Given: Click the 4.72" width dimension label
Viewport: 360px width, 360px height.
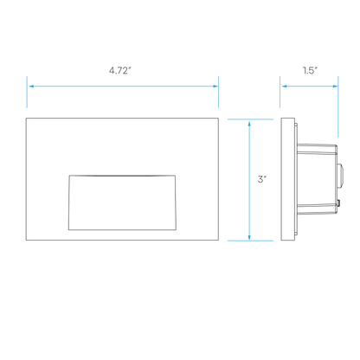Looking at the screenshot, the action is point(120,70).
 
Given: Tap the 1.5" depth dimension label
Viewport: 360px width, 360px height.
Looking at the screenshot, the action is point(310,70).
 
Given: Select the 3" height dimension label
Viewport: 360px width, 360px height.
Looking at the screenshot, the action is point(262,179).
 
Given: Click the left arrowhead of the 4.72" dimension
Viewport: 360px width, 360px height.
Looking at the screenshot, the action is point(31,87).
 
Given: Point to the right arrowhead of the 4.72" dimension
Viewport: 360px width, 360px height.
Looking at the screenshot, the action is point(215,87).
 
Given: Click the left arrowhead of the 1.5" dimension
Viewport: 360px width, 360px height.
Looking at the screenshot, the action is point(285,87).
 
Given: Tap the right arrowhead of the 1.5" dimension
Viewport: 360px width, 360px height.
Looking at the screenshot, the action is point(335,87).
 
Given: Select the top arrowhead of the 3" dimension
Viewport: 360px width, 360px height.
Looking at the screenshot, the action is point(249,124).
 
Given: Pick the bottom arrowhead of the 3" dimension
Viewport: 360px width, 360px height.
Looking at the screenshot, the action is point(249,236).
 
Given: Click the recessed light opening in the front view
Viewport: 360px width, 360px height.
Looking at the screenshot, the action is point(122,202).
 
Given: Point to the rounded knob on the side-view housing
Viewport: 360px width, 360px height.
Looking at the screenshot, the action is point(340,175).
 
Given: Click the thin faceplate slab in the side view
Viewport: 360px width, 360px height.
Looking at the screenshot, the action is point(288,179).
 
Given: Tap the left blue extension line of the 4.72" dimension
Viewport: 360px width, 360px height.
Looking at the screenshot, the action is point(27,92).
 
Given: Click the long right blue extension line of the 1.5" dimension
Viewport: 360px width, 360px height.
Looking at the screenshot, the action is point(338,106).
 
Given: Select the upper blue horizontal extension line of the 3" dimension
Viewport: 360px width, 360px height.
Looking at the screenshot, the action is point(250,119).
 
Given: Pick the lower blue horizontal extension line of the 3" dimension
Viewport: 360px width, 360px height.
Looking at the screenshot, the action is point(250,241).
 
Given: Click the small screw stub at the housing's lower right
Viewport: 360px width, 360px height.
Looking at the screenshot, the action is point(338,204).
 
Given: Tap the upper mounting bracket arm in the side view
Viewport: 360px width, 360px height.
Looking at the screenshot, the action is point(317,149).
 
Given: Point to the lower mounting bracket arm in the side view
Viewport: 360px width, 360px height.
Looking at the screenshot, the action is point(317,209).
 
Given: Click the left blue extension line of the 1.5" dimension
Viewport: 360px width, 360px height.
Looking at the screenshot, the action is point(280,92).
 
